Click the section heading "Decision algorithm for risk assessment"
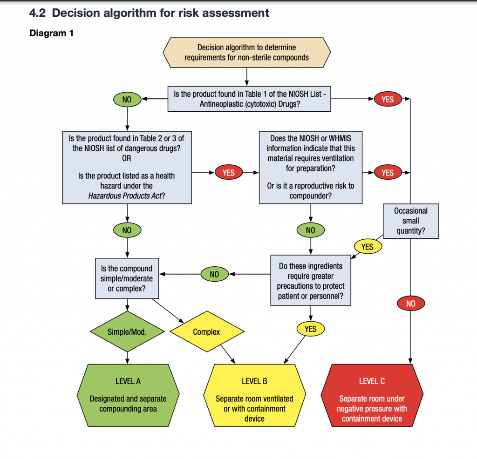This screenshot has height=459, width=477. coord(160,13)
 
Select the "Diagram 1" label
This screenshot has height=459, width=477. coord(51,34)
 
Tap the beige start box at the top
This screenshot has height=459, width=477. coord(246,53)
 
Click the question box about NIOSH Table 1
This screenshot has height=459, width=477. coord(249,99)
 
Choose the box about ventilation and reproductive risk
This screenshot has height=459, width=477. coord(311,167)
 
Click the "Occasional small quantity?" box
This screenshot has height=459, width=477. coord(410,221)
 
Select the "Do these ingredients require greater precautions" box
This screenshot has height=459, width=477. coord(311,280)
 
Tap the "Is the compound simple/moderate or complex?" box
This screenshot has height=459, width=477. coord(127,279)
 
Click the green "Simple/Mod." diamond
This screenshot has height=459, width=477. coord(127,332)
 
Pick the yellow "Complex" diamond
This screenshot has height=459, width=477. coord(206,332)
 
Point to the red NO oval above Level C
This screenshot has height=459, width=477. coord(410,304)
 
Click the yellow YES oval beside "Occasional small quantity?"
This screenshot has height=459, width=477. coord(368,247)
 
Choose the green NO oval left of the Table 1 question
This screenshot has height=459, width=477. coord(127,99)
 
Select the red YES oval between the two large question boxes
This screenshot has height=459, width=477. coord(229,173)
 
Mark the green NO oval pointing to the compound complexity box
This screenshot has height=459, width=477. coord(214,274)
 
